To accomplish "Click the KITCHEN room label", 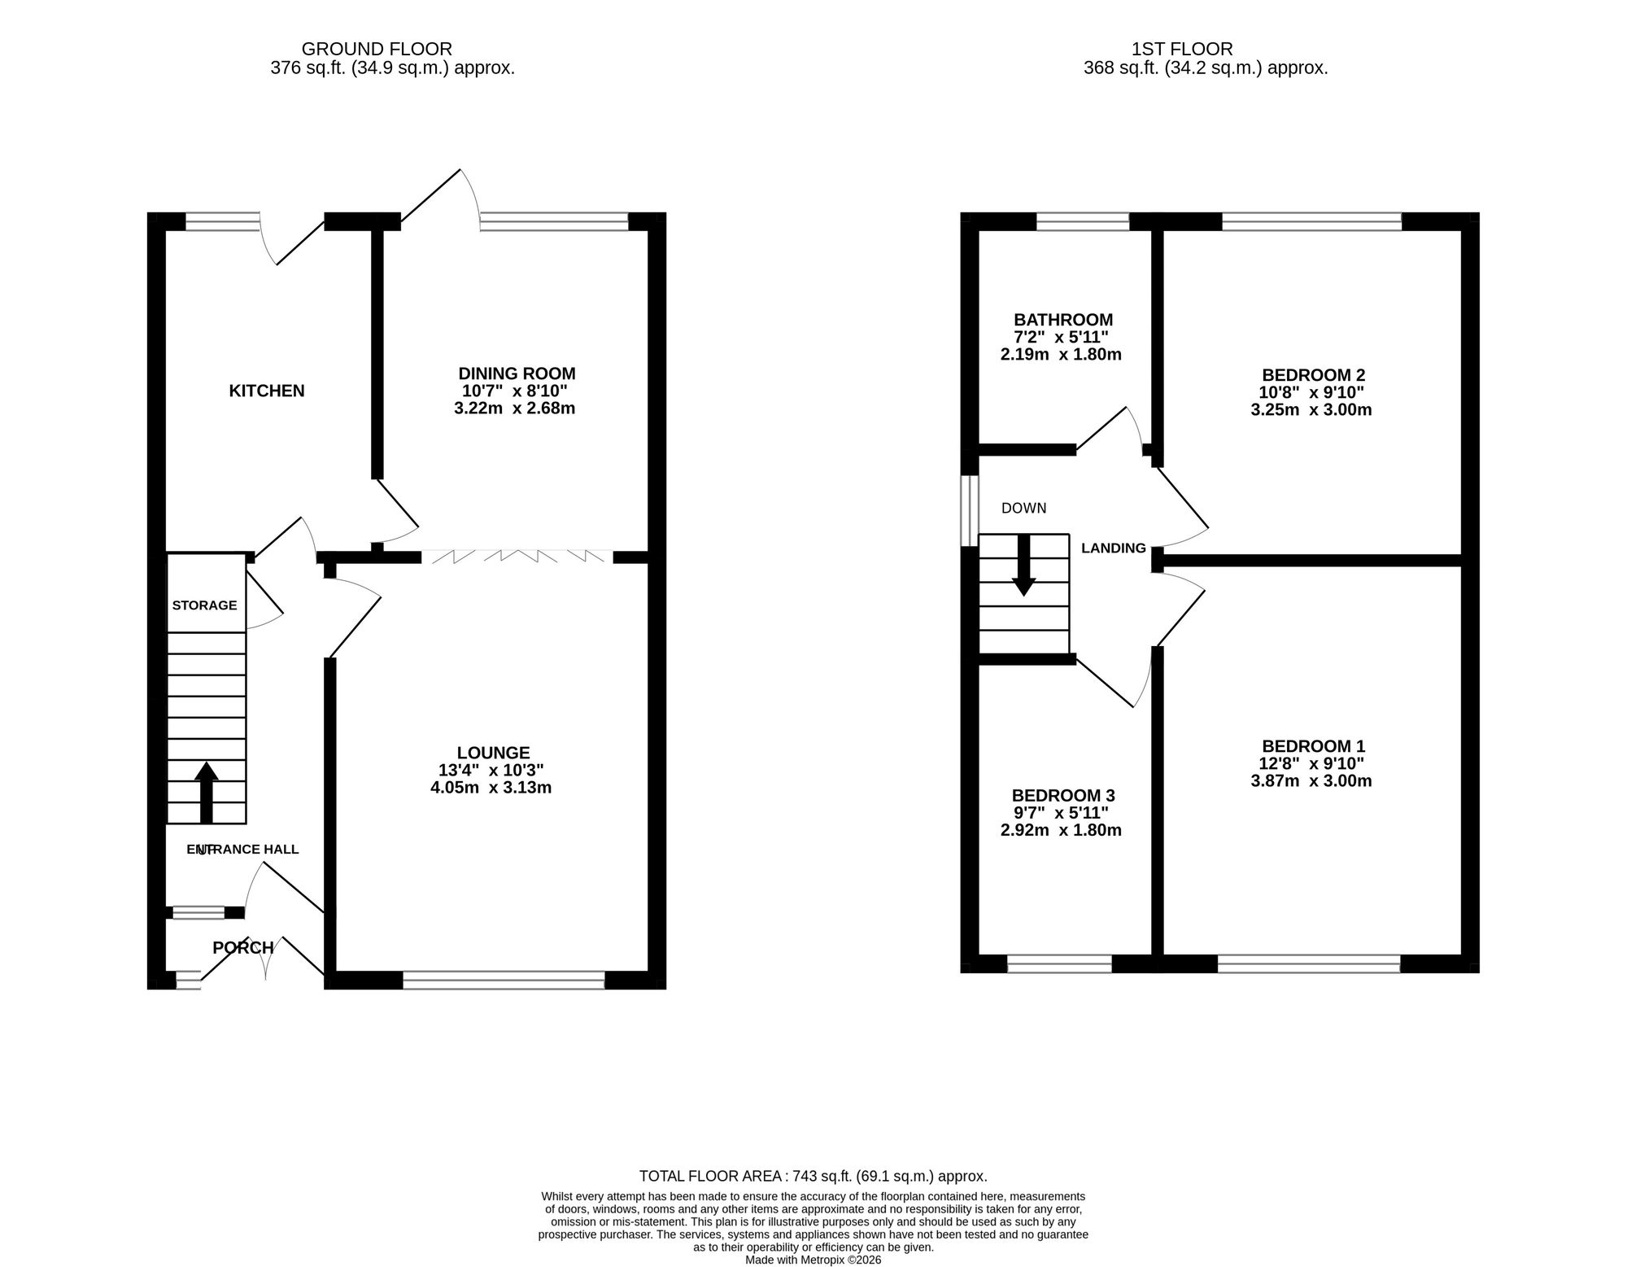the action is [x=267, y=391].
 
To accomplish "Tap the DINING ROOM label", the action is [x=517, y=374].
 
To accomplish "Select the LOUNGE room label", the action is [x=493, y=754].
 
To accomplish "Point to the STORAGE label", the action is [x=205, y=605].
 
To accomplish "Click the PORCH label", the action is [x=243, y=948].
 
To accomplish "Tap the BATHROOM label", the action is [x=1063, y=320].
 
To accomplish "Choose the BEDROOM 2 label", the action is [x=1313, y=375].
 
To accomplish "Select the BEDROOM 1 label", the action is [x=1313, y=746].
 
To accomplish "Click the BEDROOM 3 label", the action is [x=1063, y=795].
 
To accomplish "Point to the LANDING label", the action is [x=1113, y=548].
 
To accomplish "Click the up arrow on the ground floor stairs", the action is [x=206, y=793].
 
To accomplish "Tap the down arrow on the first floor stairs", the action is [x=1023, y=566].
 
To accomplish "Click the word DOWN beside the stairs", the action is [x=1023, y=509].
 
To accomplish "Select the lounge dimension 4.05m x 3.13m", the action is [x=491, y=788].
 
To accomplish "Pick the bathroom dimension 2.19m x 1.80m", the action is [x=1061, y=354].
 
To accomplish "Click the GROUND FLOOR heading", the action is [x=377, y=50].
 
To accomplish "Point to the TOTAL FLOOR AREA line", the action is [x=813, y=1176].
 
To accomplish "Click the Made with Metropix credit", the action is [x=813, y=1260].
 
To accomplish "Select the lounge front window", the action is [x=504, y=981].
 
